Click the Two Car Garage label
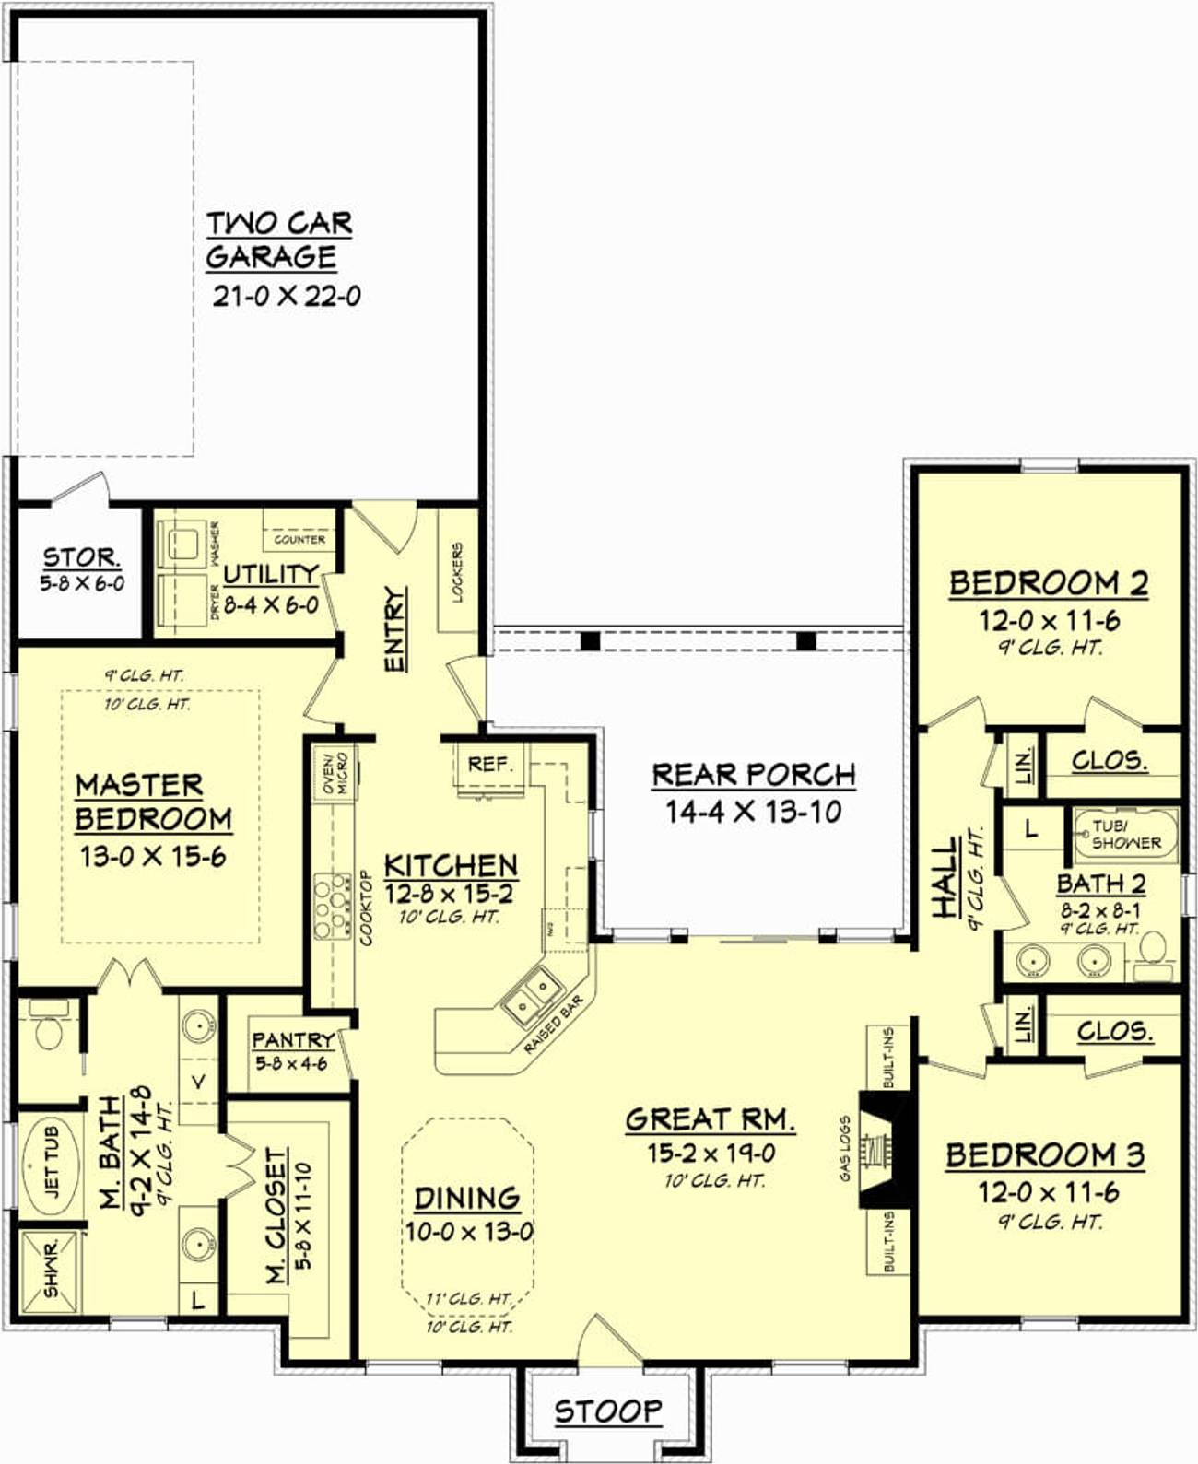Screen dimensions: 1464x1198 click(278, 240)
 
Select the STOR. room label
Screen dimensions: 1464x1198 click(81, 557)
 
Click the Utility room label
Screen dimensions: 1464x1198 click(271, 575)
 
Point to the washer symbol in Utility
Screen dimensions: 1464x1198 click(183, 542)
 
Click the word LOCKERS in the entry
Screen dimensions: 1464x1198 click(458, 572)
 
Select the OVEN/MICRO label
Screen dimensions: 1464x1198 click(334, 773)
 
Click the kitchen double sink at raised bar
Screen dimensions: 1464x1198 click(532, 995)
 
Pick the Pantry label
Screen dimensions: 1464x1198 click(293, 1039)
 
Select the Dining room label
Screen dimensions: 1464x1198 click(467, 1198)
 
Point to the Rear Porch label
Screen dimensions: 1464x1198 click(754, 775)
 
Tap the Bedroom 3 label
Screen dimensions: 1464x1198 click(1045, 1154)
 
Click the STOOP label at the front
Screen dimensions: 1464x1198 click(608, 1410)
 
